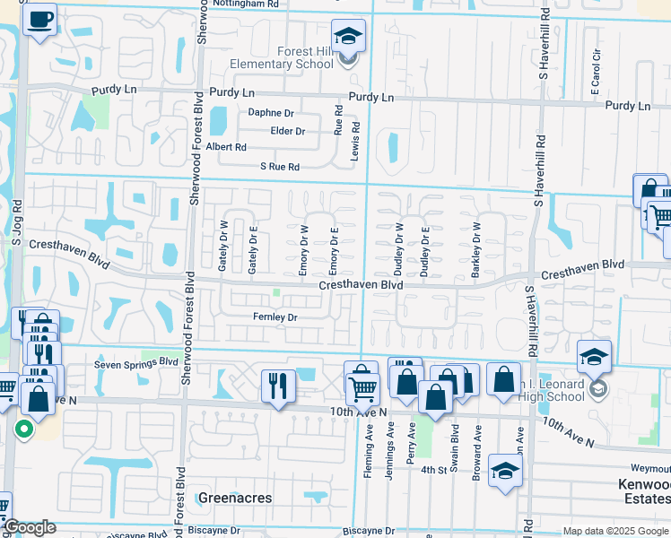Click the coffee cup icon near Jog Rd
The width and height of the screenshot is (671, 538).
pyautogui.click(x=40, y=19)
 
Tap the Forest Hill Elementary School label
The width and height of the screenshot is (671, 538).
pyautogui.click(x=282, y=57)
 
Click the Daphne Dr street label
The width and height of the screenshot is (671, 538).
pyautogui.click(x=271, y=113)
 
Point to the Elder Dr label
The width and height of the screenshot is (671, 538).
pyautogui.click(x=288, y=131)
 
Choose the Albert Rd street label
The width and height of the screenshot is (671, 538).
pyautogui.click(x=226, y=147)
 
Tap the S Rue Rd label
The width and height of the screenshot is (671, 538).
pyautogui.click(x=279, y=167)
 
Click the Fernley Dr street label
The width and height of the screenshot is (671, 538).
pyautogui.click(x=274, y=317)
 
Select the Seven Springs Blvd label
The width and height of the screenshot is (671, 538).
pyautogui.click(x=136, y=362)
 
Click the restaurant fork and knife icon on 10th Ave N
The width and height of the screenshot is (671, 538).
pyautogui.click(x=278, y=386)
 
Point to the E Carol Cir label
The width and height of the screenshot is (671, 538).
pyautogui.click(x=595, y=80)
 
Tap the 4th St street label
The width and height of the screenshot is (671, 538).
pyautogui.click(x=434, y=470)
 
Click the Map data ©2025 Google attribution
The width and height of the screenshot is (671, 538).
pyautogui.click(x=614, y=531)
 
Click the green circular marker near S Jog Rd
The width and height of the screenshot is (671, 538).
pyautogui.click(x=23, y=430)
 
